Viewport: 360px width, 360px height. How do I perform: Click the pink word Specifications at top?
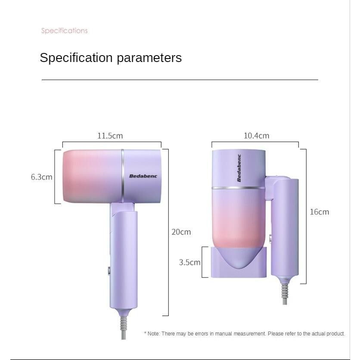[65, 31]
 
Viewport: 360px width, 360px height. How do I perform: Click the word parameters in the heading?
[149, 58]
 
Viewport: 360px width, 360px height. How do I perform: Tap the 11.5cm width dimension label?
[110, 136]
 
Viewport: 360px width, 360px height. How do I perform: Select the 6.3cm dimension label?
[42, 177]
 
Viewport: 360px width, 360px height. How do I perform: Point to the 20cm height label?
[181, 232]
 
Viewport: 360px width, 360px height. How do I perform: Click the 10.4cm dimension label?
[257, 136]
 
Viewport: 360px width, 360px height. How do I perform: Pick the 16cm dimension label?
[320, 212]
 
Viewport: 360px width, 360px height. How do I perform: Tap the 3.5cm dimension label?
[189, 262]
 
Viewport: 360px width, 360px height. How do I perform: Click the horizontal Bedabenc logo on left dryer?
[143, 176]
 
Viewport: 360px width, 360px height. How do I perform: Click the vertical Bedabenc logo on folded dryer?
[239, 168]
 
